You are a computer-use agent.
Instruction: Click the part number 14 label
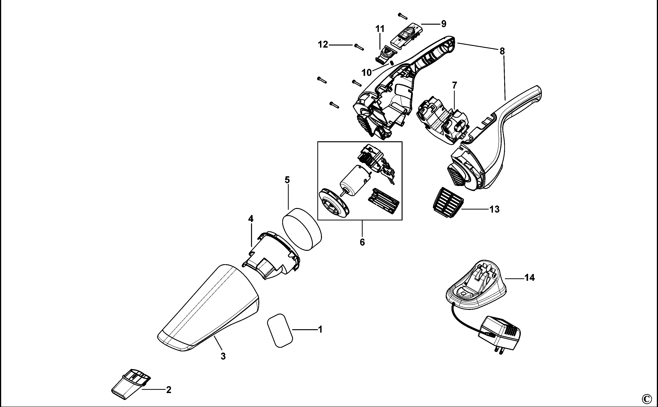pos(530,278)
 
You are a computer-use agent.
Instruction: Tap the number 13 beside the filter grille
pos(494,209)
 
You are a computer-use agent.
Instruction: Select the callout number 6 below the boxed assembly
pos(362,242)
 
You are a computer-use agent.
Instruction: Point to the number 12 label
pos(323,45)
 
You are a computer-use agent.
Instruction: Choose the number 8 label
pos(502,51)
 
